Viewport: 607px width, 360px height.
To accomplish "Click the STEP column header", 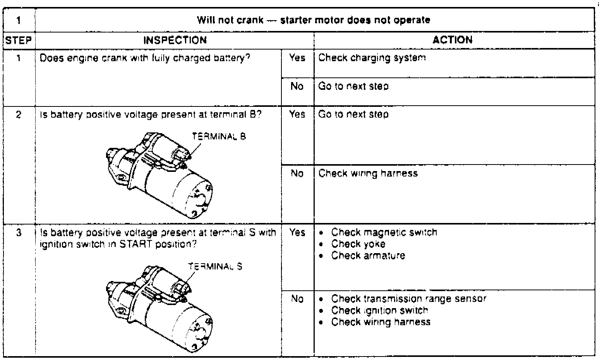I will [19, 40].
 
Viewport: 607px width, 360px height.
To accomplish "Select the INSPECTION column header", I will [175, 40].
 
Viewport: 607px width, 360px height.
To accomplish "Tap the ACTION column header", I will [453, 40].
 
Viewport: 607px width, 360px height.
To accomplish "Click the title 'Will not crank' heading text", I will [314, 20].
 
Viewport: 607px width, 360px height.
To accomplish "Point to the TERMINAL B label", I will [219, 136].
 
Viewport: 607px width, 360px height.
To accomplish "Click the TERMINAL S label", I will [215, 266].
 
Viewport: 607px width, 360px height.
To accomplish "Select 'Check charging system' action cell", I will [372, 58].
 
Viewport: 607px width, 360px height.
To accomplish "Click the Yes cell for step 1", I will [297, 58].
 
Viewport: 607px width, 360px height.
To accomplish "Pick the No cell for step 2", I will [297, 173].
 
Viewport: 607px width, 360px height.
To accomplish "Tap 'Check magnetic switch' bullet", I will [384, 233].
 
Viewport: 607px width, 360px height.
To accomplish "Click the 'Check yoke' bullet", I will [358, 244].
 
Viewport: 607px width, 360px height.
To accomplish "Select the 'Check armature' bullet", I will [368, 256].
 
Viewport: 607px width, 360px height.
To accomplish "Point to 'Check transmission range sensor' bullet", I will [408, 299].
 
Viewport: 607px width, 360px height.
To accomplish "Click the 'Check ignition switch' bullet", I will [379, 310].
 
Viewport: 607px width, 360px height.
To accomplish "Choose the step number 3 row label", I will [19, 233].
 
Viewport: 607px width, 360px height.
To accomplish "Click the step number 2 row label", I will [19, 115].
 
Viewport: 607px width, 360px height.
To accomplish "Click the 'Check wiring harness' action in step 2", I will [368, 173].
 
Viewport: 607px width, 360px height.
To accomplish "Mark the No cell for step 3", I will [297, 299].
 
